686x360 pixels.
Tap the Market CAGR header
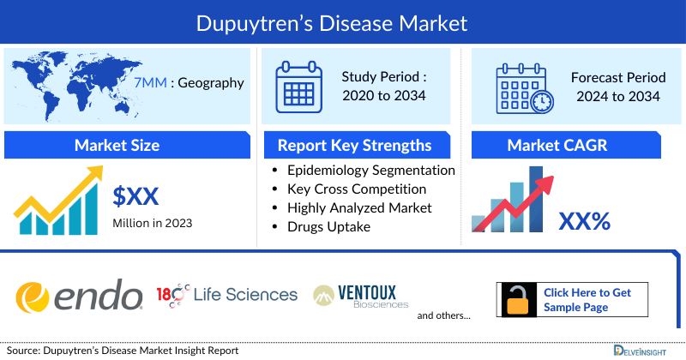tap(569, 145)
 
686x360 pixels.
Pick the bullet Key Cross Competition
tap(357, 189)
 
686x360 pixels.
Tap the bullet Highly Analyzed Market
tap(359, 207)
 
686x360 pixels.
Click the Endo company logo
tap(80, 296)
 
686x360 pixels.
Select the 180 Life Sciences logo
tap(227, 295)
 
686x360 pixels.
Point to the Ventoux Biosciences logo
tap(361, 296)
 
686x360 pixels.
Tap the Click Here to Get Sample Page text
tap(587, 299)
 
